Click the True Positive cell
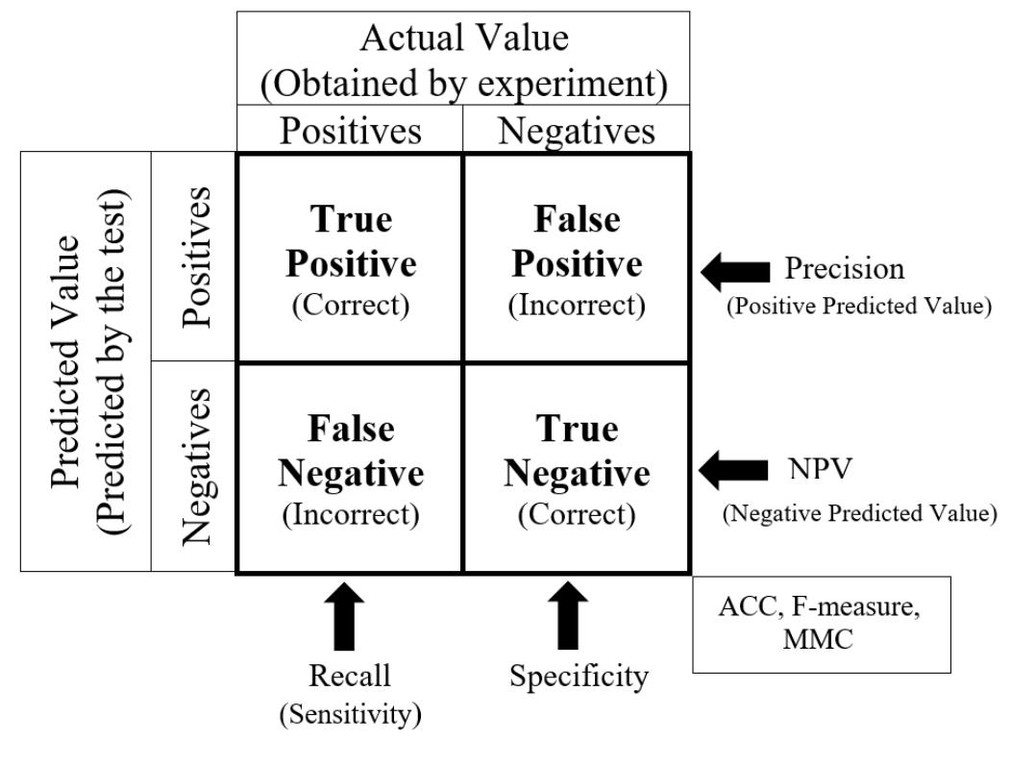[350, 259]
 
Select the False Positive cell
[577, 259]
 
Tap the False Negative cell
[350, 469]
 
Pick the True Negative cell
[577, 469]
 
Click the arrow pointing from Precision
[735, 271]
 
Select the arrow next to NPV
[733, 470]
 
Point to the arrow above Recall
[347, 619]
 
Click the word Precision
[845, 269]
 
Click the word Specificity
[579, 677]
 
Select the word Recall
[350, 676]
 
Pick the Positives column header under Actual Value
[350, 130]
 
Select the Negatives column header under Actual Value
[576, 130]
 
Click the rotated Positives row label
[194, 257]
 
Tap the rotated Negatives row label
[194, 468]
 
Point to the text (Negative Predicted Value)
[859, 513]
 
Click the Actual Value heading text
[463, 38]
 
